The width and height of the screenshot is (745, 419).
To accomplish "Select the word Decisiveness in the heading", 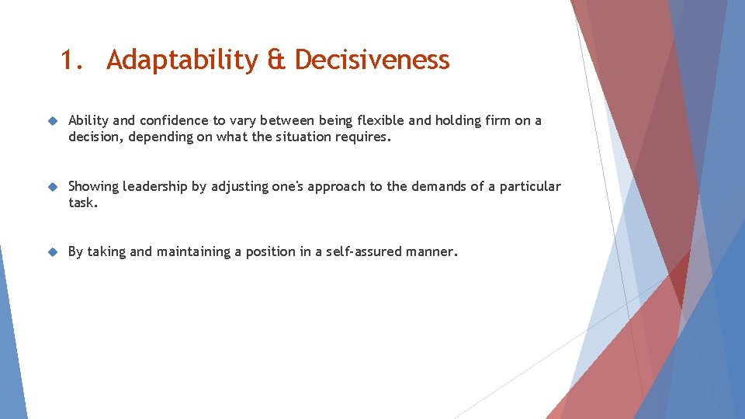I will point(372,60).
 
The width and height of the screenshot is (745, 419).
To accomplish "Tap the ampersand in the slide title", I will point(275,60).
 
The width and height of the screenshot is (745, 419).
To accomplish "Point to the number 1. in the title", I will point(73,60).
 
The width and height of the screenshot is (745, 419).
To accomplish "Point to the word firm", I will point(496,120).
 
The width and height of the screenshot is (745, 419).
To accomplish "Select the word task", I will point(83,203).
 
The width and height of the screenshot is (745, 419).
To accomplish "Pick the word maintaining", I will point(204,251).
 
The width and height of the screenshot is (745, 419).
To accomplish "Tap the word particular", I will point(530,186).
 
